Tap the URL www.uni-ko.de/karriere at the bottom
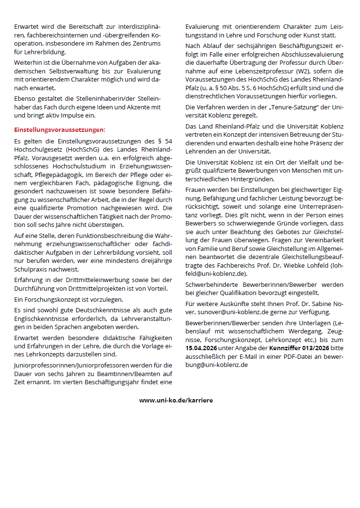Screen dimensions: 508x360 tap(176, 400)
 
